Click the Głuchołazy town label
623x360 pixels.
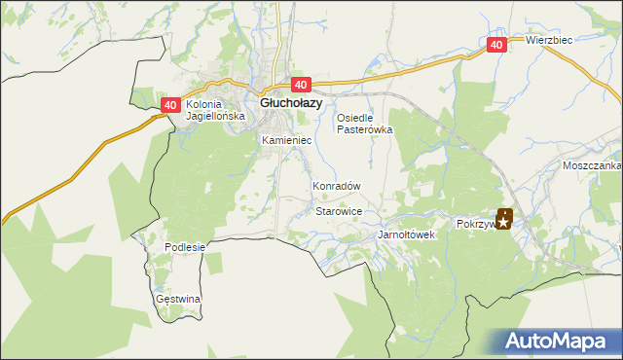tap(291, 101)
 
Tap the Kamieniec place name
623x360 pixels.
tap(286, 140)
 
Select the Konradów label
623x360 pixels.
tap(337, 186)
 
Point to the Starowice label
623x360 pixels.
tap(340, 211)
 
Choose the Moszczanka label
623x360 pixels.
tap(591, 166)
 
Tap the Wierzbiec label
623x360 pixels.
tap(549, 40)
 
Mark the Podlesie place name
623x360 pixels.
tap(185, 247)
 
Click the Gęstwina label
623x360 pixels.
tap(178, 299)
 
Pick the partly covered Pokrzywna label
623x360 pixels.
tap(476, 223)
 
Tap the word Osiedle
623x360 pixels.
tap(356, 118)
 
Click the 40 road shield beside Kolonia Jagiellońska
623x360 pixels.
tap(170, 105)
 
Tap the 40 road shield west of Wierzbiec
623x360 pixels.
tap(496, 45)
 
